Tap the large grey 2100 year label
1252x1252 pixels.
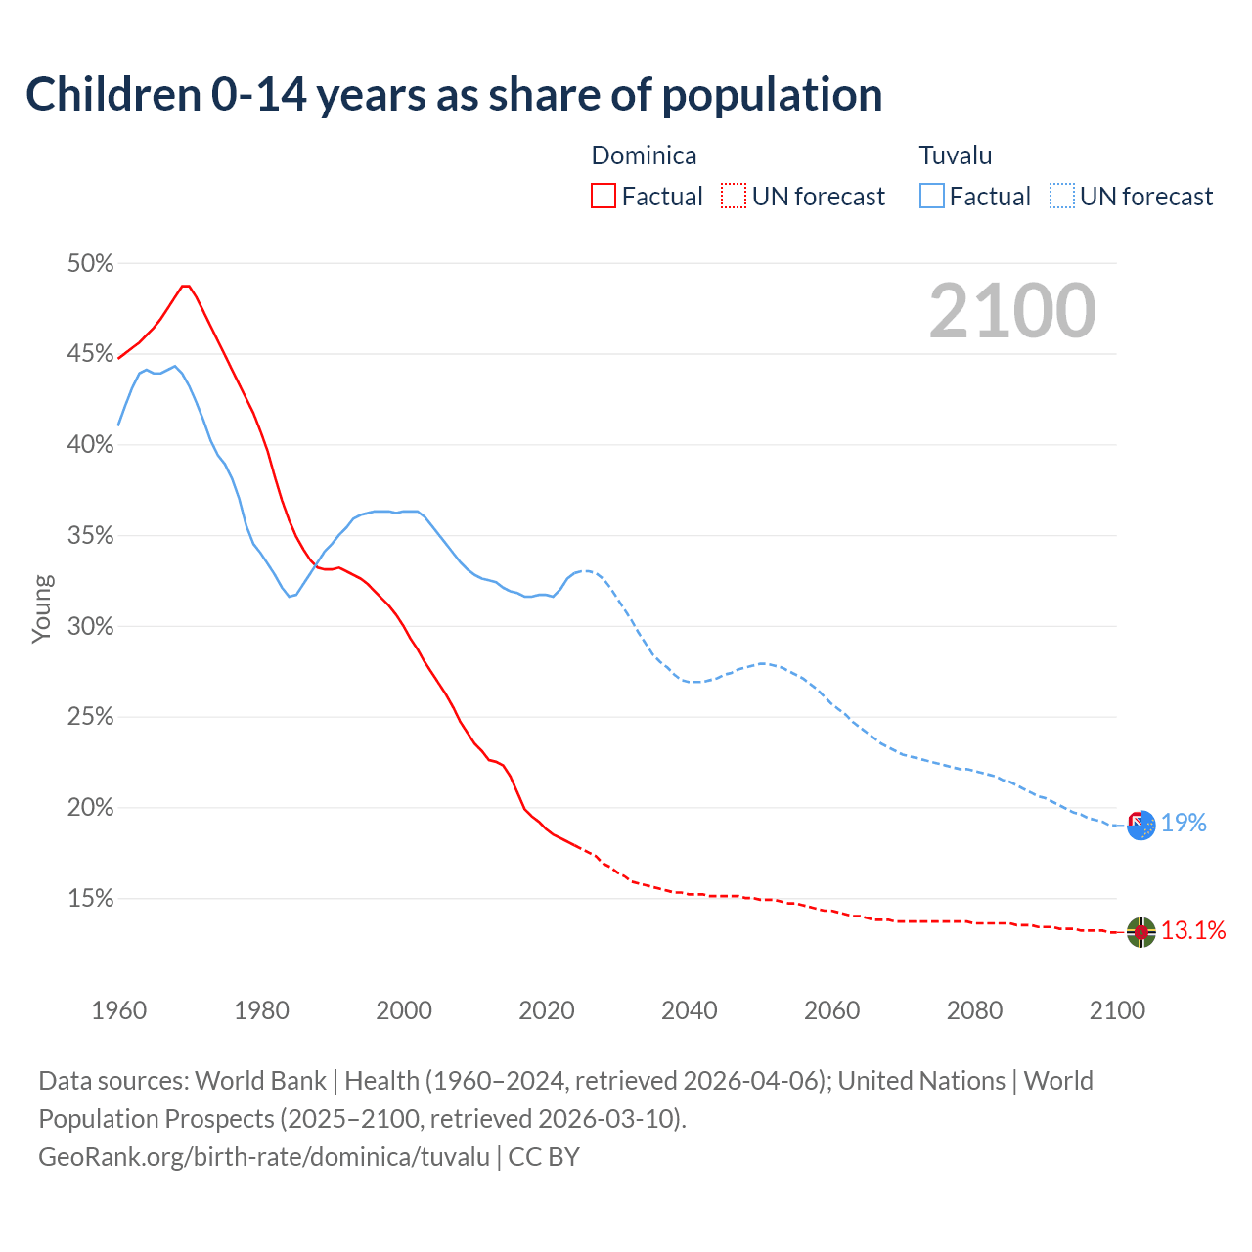pos(1012,311)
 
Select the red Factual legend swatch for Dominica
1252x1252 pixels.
pos(604,197)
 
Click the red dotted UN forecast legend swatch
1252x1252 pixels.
pos(734,197)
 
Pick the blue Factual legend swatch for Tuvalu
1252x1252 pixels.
pos(932,197)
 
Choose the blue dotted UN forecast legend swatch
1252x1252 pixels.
pos(1062,197)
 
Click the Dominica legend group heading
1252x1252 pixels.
pos(644,156)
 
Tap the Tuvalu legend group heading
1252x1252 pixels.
pos(956,156)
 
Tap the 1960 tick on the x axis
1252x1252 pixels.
pos(118,1010)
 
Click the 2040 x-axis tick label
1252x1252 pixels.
pos(690,1010)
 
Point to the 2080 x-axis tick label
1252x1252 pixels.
pos(974,1010)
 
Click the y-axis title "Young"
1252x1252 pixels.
pos(42,608)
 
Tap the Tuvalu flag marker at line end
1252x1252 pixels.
pos(1140,825)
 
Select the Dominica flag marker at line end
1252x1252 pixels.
pos(1140,932)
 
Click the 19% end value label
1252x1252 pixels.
pos(1184,824)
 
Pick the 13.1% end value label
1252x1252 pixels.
pos(1193,931)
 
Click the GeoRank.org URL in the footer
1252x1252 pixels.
pos(264,1157)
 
